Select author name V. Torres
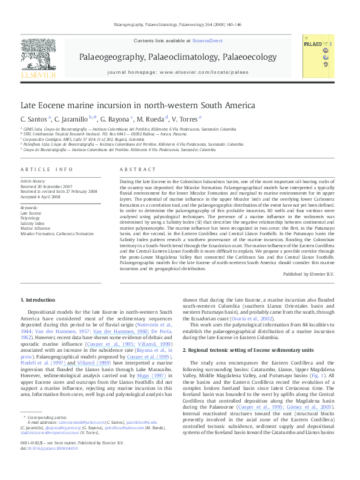coord(185,118)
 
